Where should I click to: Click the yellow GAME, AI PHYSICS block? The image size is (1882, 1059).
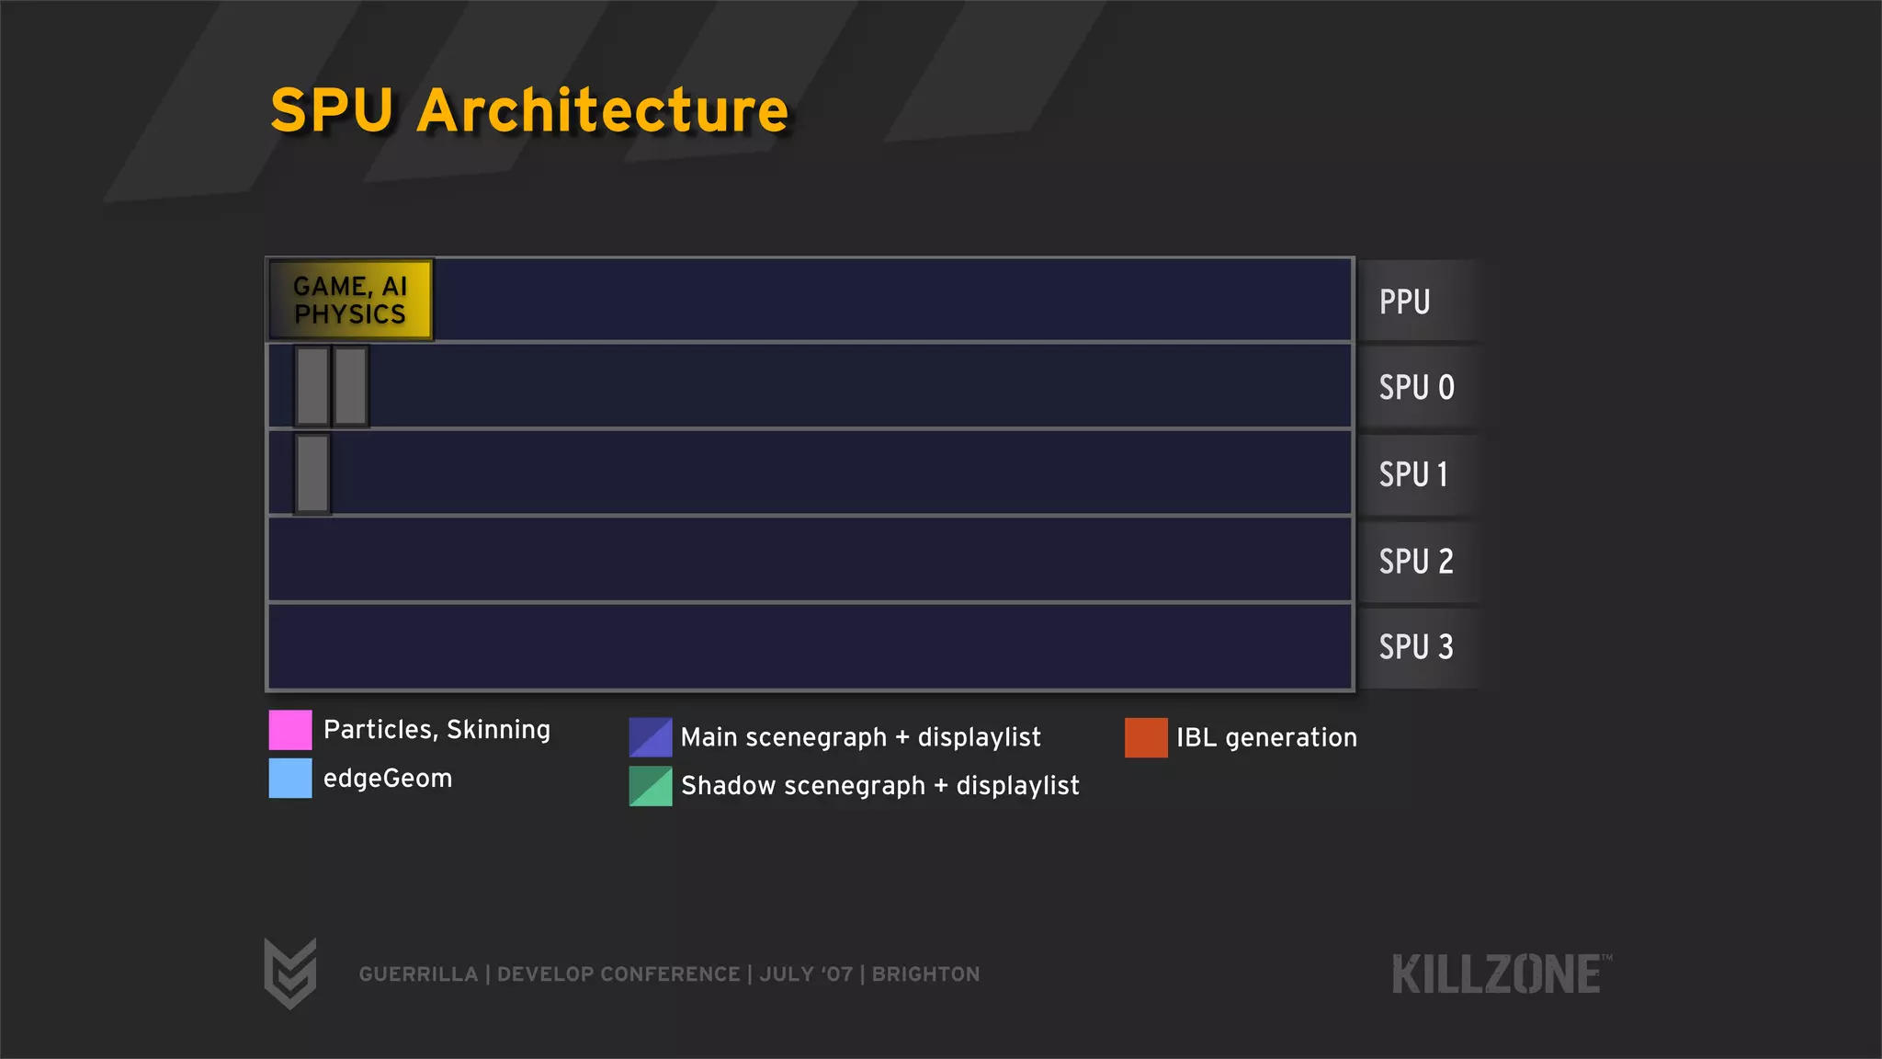(x=350, y=301)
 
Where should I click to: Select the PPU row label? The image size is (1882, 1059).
(x=1404, y=302)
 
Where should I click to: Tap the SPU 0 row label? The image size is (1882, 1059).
(x=1416, y=388)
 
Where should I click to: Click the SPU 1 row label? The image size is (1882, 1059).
(x=1413, y=474)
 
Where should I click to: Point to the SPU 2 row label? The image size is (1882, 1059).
(x=1416, y=561)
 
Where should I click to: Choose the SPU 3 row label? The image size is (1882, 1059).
(x=1416, y=647)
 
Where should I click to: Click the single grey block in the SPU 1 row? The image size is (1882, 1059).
(x=312, y=473)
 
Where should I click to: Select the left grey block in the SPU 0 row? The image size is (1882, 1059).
(x=312, y=386)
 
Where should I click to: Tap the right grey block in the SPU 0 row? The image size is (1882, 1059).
(x=350, y=386)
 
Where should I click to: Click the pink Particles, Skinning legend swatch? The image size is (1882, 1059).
(x=290, y=730)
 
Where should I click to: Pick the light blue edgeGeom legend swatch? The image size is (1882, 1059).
(x=290, y=779)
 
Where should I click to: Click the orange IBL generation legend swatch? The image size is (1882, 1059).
(x=1146, y=737)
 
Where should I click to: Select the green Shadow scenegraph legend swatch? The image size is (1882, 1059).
(x=651, y=786)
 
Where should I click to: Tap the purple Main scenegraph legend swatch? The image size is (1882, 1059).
(x=651, y=737)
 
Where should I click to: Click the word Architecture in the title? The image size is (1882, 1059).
(x=603, y=110)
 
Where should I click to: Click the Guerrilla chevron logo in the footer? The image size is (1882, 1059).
(x=290, y=973)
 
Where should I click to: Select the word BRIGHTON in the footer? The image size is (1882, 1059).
(x=925, y=974)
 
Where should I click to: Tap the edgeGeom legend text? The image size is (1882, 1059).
(x=388, y=779)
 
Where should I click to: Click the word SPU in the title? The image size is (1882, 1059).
(x=332, y=110)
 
